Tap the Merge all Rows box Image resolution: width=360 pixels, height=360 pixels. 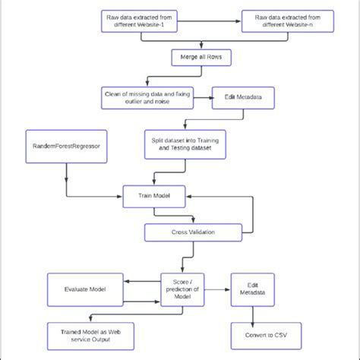tap(200, 58)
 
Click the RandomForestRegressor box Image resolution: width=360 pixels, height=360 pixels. tap(66, 145)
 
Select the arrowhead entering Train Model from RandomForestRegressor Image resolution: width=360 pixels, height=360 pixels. tap(119, 197)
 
